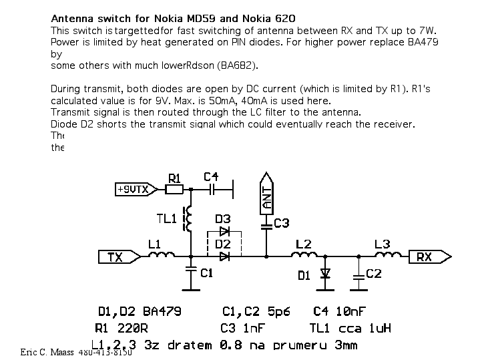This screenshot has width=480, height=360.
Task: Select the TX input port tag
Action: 118,256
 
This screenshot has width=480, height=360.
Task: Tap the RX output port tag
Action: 429,256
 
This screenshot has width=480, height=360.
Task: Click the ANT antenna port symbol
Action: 266,196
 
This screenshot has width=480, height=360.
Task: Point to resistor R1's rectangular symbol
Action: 174,190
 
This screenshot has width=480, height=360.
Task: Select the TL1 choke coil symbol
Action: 190,218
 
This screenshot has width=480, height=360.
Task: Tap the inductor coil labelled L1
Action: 161,254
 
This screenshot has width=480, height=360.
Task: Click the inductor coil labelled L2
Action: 304,254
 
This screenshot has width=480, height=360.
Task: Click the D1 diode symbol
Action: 326,274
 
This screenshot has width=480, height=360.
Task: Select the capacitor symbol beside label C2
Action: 359,275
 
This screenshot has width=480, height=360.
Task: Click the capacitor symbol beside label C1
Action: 191,271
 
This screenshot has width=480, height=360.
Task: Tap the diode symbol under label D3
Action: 224,231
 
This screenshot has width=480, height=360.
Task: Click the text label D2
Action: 223,244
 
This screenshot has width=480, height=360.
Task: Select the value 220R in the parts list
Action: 136,328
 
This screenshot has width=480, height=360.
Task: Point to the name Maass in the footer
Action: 62,352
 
